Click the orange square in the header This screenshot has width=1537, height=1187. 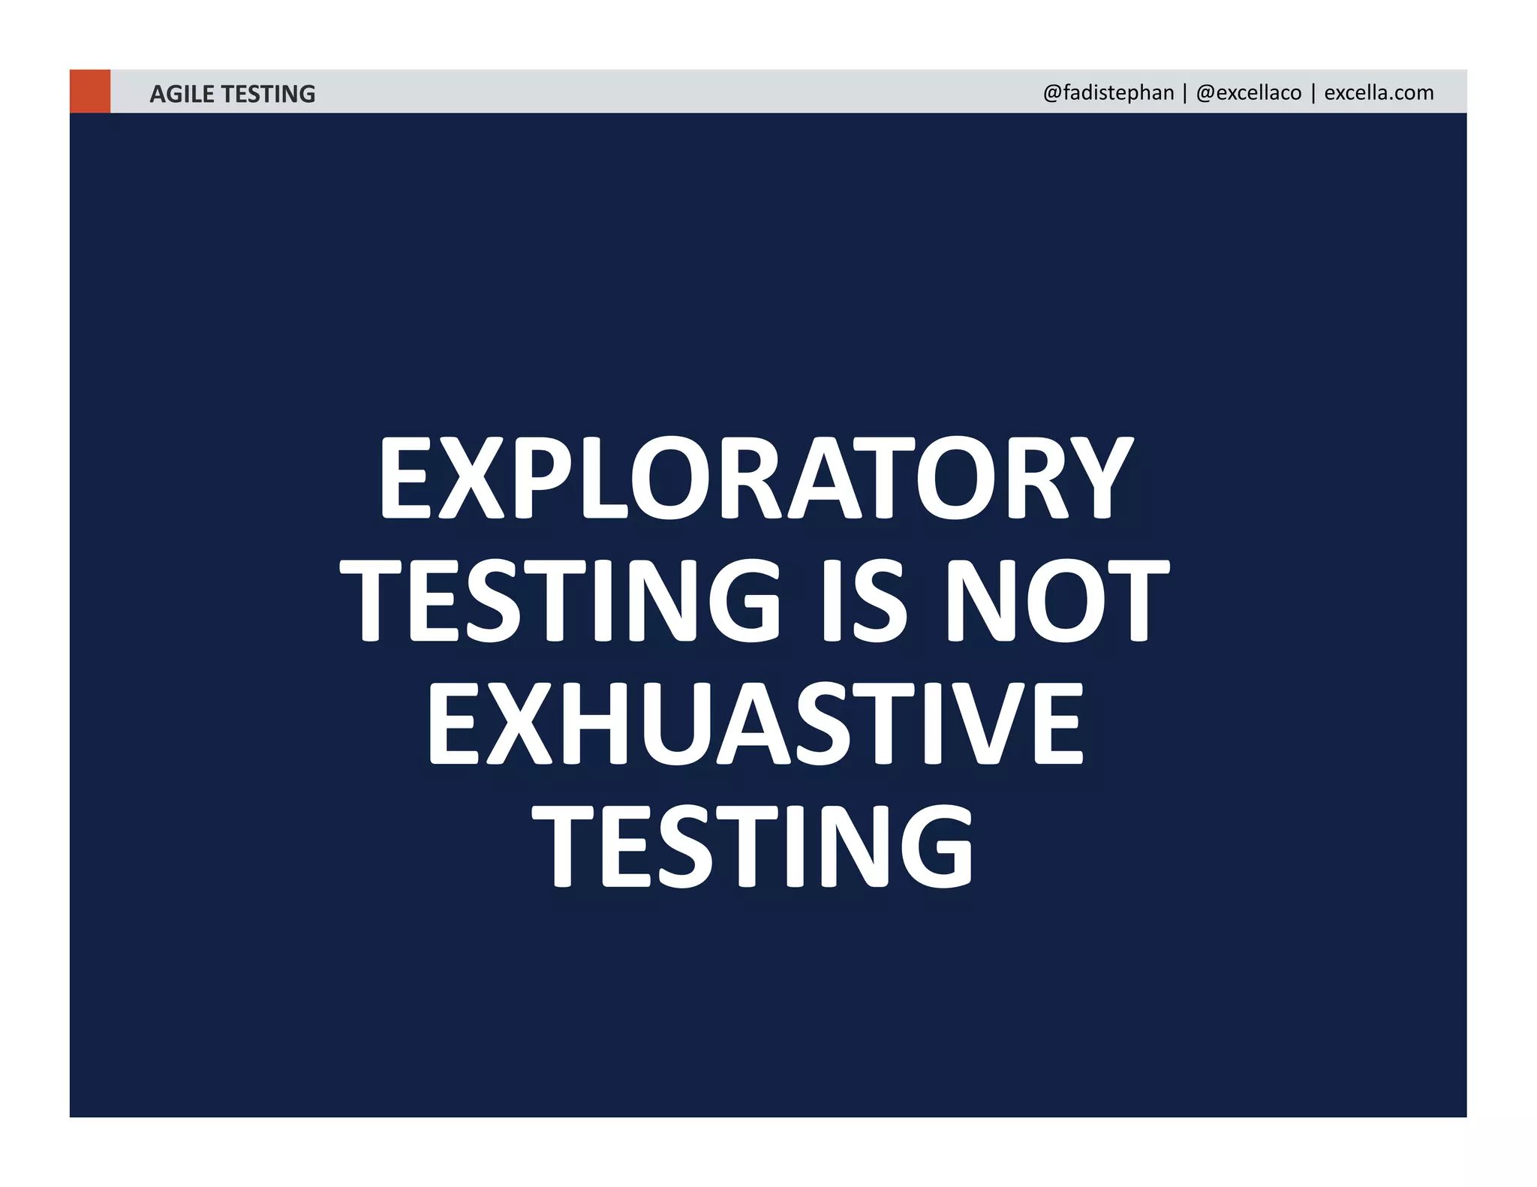(x=90, y=92)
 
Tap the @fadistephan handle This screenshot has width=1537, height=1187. (x=1108, y=92)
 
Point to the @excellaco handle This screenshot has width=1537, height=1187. (x=1249, y=92)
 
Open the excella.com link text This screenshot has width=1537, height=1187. (x=1379, y=92)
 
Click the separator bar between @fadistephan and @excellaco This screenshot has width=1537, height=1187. (x=1185, y=92)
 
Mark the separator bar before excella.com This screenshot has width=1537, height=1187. (x=1313, y=92)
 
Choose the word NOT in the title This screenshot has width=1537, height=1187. (x=1056, y=600)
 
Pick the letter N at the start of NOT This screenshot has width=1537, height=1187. (x=976, y=600)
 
